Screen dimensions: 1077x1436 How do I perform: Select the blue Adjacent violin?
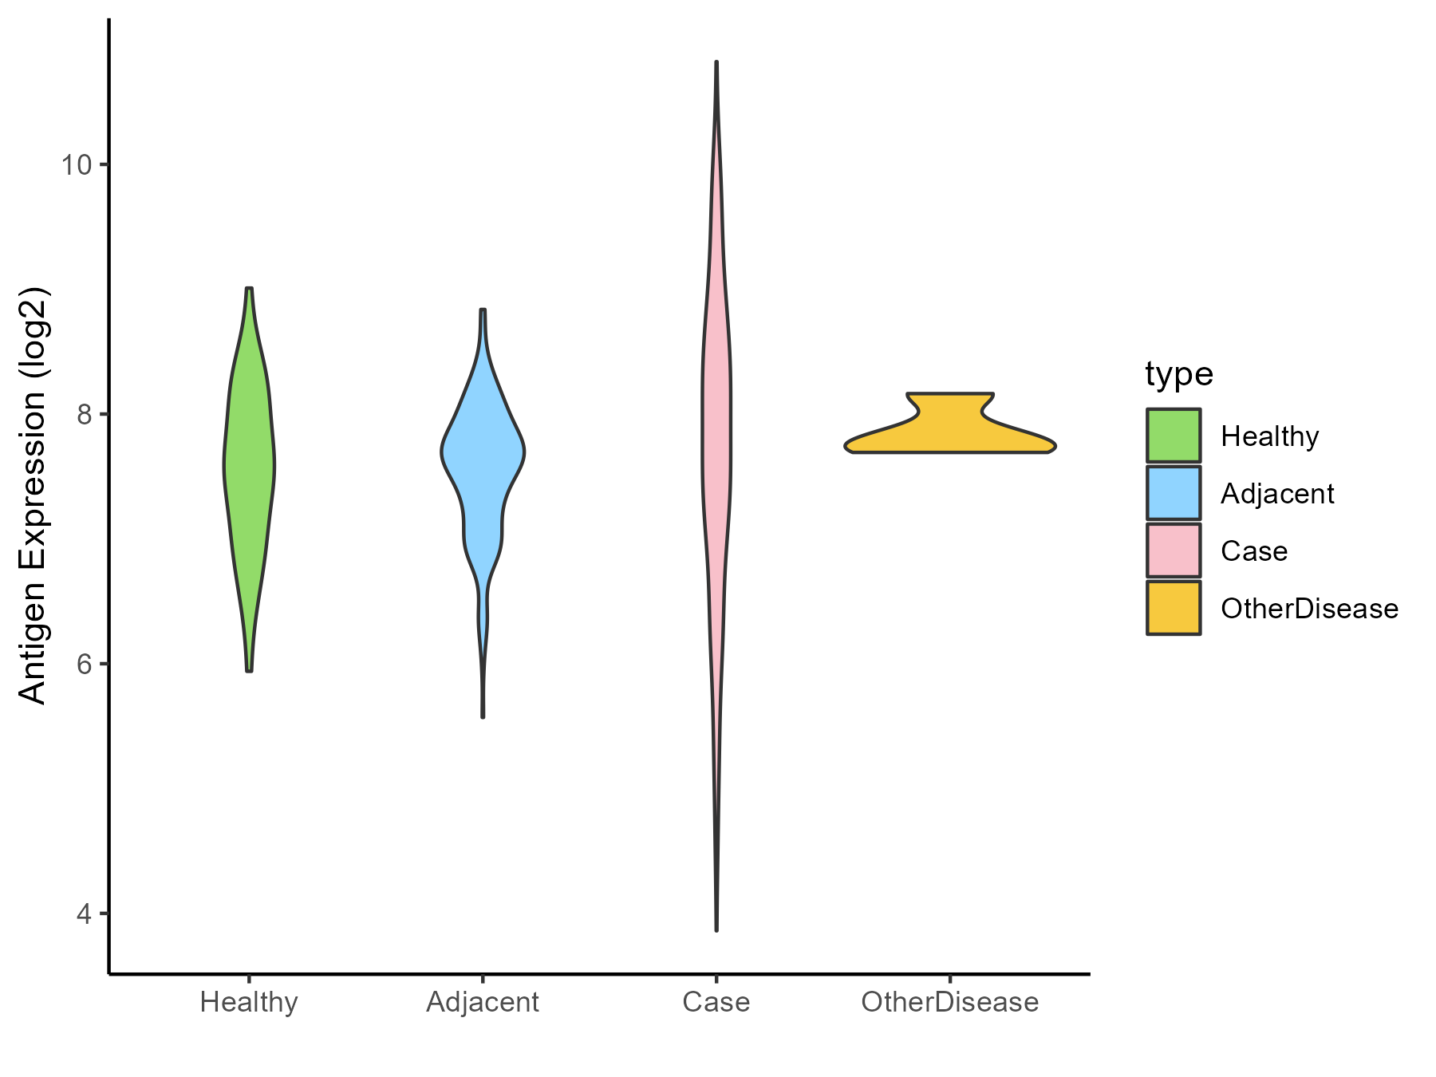point(483,463)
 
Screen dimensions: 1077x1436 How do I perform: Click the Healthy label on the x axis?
point(249,1002)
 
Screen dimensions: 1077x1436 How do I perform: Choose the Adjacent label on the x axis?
point(483,1002)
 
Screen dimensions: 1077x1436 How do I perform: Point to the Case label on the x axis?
point(716,1002)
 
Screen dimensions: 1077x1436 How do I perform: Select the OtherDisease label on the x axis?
point(949,1002)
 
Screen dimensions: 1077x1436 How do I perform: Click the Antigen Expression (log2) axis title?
point(34,495)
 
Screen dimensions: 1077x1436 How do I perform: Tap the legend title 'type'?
point(1179,373)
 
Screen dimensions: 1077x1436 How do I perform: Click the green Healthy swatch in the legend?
point(1174,436)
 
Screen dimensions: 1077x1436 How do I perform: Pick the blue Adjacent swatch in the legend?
point(1174,493)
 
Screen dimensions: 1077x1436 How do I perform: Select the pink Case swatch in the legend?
point(1174,550)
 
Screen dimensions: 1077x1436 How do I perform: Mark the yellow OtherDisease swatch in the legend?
point(1174,608)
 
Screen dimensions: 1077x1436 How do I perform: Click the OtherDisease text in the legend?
point(1309,609)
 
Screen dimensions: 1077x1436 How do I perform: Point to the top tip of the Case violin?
point(716,62)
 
